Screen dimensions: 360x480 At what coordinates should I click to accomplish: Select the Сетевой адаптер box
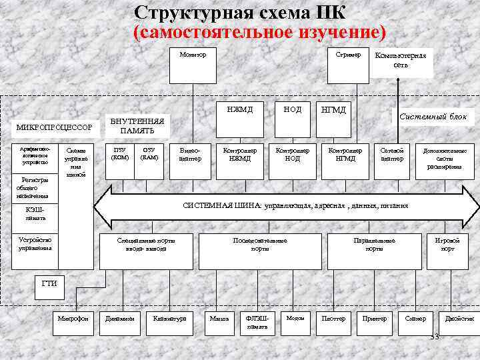[x=392, y=155]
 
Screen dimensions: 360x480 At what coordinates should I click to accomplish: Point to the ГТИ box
[x=50, y=285]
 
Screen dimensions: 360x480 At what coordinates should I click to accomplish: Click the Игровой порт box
[x=445, y=245]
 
